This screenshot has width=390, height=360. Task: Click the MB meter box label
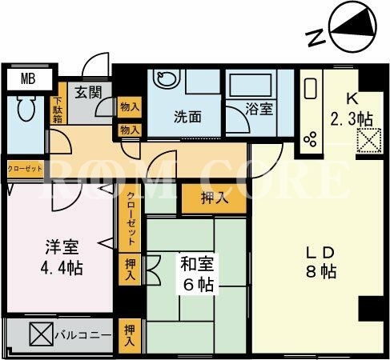click(28, 79)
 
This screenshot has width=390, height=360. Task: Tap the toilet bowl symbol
click(26, 108)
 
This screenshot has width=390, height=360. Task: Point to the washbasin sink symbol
click(166, 78)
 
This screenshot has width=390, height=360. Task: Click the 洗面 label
click(187, 117)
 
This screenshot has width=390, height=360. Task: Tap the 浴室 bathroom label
click(259, 109)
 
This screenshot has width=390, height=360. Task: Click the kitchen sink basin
click(311, 89)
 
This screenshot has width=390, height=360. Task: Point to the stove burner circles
click(311, 139)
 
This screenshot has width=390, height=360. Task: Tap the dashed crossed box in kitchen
click(369, 140)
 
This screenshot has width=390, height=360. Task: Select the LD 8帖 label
click(320, 262)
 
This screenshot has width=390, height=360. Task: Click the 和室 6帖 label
click(198, 274)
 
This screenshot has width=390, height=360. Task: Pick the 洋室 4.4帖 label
click(62, 257)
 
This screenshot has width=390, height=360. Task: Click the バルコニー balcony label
click(83, 335)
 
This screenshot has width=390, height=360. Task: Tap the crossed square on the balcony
click(42, 334)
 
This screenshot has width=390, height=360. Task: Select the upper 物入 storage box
click(130, 107)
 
